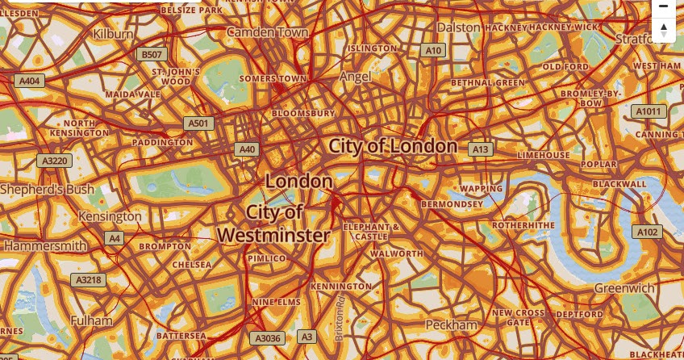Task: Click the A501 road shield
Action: [198, 123]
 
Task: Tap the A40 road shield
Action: [247, 149]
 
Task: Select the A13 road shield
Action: [482, 149]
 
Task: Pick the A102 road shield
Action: [648, 232]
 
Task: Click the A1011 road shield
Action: [648, 111]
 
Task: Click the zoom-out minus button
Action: [663, 6]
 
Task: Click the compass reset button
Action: [663, 31]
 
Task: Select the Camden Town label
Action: [268, 32]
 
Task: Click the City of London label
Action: [393, 146]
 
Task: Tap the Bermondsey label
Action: [452, 204]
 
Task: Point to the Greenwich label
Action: [624, 288]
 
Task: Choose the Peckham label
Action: [452, 324]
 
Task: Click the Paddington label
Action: [163, 142]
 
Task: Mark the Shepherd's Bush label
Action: [47, 189]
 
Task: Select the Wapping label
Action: [482, 189]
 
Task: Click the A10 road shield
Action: [434, 50]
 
